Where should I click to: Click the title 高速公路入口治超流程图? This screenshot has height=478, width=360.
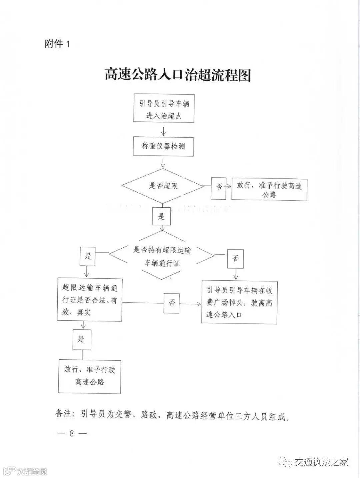(x=178, y=75)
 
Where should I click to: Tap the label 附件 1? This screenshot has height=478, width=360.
(x=57, y=44)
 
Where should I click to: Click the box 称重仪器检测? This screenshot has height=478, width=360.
(x=163, y=146)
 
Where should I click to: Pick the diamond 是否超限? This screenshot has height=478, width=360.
(x=163, y=186)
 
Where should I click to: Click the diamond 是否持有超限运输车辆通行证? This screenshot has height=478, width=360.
(x=162, y=256)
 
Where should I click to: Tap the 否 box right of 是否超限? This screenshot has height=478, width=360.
(x=219, y=187)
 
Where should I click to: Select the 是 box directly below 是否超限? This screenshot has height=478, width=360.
(x=161, y=216)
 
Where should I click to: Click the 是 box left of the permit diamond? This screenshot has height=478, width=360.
(x=88, y=256)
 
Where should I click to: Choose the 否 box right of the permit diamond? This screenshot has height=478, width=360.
(x=235, y=258)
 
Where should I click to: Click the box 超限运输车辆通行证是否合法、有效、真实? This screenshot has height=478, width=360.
(x=90, y=300)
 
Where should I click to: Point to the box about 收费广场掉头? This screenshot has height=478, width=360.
(x=239, y=302)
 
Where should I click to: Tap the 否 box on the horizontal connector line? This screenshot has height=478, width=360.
(x=172, y=303)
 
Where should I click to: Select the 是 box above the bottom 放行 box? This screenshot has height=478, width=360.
(x=82, y=340)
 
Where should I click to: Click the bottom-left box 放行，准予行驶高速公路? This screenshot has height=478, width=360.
(x=89, y=376)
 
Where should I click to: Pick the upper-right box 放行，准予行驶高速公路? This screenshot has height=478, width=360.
(x=269, y=189)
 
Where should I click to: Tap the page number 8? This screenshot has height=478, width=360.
(x=72, y=433)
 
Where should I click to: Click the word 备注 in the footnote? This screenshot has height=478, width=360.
(x=63, y=413)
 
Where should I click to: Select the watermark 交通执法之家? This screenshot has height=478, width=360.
(x=321, y=462)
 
